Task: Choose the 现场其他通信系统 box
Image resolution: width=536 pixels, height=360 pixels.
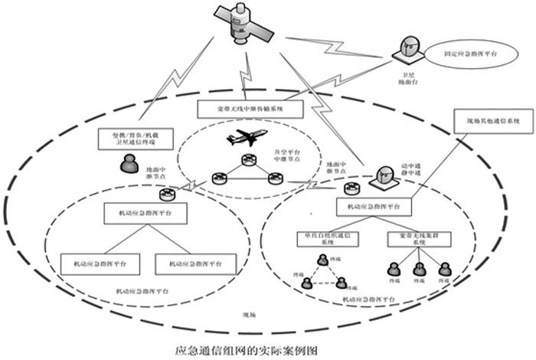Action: [x=492, y=121]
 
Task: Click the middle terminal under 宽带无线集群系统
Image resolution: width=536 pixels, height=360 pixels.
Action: [x=420, y=269]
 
